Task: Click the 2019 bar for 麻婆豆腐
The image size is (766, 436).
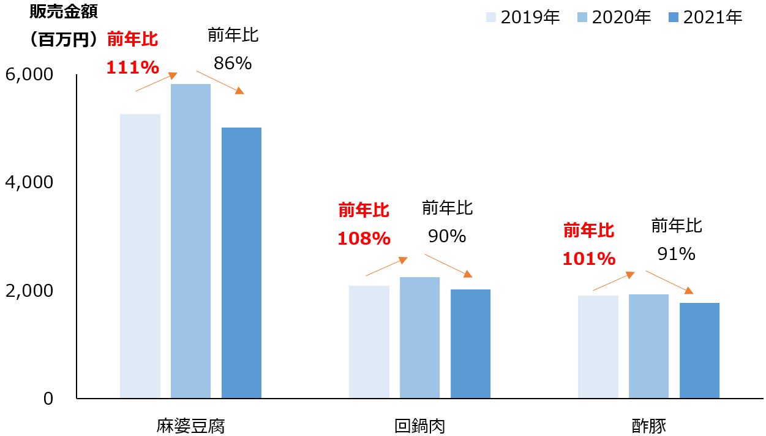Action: [x=140, y=256]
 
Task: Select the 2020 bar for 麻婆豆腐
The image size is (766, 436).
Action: [x=190, y=241]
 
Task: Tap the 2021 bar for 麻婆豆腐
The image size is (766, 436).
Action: [x=241, y=262]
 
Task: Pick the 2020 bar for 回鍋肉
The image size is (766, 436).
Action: [x=419, y=337]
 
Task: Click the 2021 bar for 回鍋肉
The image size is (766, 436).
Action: [x=470, y=343]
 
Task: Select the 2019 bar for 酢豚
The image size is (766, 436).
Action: [x=598, y=346]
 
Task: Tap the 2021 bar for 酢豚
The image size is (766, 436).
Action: [x=699, y=350]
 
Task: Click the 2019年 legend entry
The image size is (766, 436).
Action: [x=524, y=17]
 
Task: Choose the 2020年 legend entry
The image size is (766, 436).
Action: [x=614, y=17]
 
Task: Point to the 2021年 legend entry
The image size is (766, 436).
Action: [x=705, y=17]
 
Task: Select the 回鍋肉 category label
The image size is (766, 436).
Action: [x=419, y=426]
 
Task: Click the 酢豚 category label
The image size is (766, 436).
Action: [x=649, y=426]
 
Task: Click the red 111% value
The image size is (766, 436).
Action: [x=132, y=67]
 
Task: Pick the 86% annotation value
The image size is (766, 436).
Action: [x=233, y=63]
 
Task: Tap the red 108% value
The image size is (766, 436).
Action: [x=364, y=239]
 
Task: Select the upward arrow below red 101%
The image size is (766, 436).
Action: [x=614, y=281]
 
